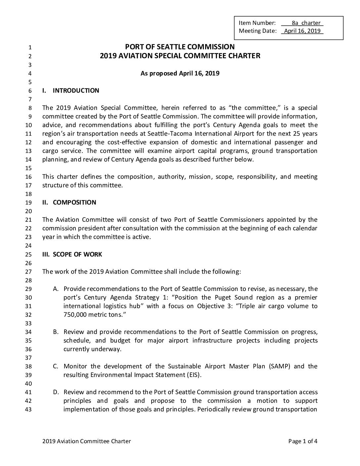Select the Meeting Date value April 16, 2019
[302, 31]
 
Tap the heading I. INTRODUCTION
[71, 91]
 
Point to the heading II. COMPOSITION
[69, 203]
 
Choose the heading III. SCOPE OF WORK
[72, 255]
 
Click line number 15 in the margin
[28, 168]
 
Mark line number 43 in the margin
[28, 409]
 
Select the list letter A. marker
[56, 289]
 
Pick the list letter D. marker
[56, 392]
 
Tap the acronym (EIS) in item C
[194, 375]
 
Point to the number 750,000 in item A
[75, 315]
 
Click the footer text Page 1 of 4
[303, 441]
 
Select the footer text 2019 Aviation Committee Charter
[87, 441]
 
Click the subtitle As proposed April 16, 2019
[180, 73]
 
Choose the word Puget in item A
[223, 298]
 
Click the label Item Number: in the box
[257, 23]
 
